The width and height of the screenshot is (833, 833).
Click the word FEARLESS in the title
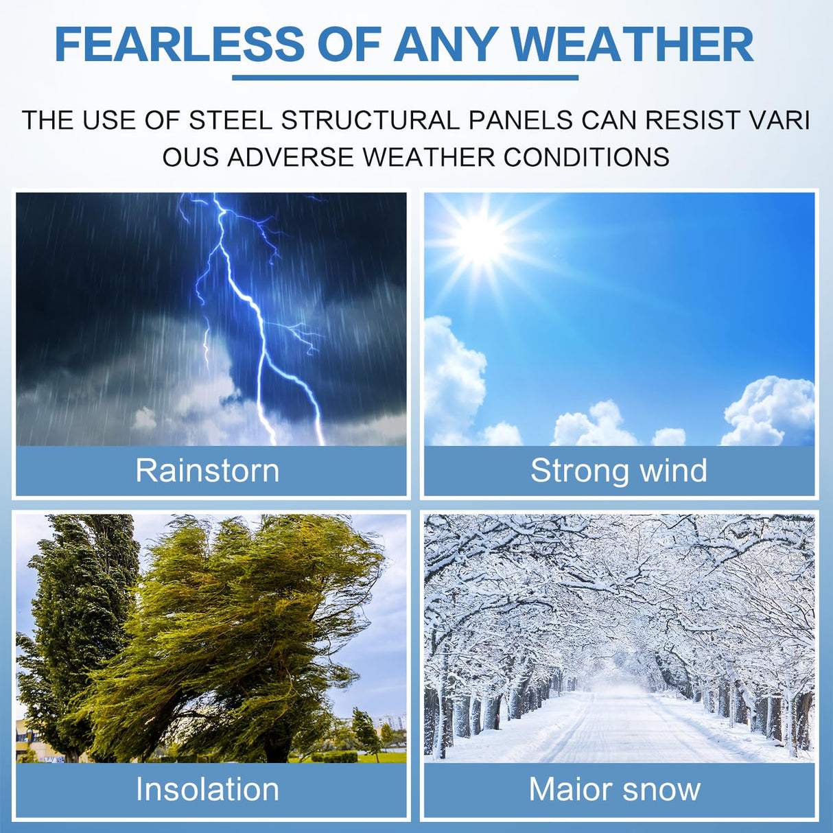coord(180,46)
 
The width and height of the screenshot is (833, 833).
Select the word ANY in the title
coord(445,46)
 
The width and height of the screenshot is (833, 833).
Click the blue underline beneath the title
coord(405,78)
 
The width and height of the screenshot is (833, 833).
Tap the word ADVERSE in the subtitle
coord(291,156)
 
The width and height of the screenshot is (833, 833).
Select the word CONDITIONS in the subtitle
coord(587,156)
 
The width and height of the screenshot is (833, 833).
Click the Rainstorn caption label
coord(207,470)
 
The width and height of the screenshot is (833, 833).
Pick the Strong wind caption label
coord(619,470)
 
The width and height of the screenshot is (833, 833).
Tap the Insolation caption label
coord(207,789)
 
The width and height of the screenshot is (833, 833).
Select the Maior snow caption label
coord(615,789)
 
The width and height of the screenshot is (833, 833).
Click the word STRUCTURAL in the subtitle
coord(370,120)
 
